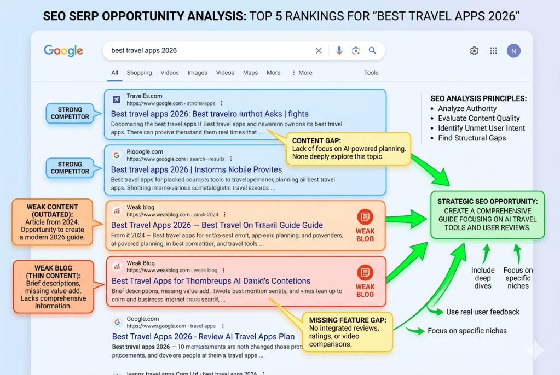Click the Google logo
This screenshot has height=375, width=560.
click(x=63, y=51)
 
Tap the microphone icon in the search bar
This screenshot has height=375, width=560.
click(x=339, y=51)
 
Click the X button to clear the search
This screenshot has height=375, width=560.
click(x=319, y=51)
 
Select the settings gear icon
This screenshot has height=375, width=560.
click(x=474, y=51)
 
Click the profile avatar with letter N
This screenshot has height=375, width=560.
click(x=513, y=51)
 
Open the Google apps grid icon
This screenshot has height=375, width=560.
click(x=494, y=51)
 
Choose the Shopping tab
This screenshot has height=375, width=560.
click(x=139, y=73)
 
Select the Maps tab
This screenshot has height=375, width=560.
click(x=250, y=73)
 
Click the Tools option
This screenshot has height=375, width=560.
click(x=371, y=73)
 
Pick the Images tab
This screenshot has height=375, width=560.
click(x=198, y=73)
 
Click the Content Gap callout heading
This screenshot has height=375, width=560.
click(x=316, y=140)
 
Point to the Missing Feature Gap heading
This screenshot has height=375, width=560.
click(x=348, y=320)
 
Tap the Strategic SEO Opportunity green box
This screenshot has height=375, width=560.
click(x=487, y=214)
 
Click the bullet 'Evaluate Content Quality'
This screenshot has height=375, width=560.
click(x=478, y=119)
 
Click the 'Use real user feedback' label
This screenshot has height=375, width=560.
click(x=482, y=312)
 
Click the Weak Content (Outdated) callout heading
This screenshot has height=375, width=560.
click(x=53, y=210)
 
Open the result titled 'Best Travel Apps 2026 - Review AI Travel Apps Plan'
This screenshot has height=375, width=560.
click(x=203, y=337)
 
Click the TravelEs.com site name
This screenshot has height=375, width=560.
click(x=144, y=96)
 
